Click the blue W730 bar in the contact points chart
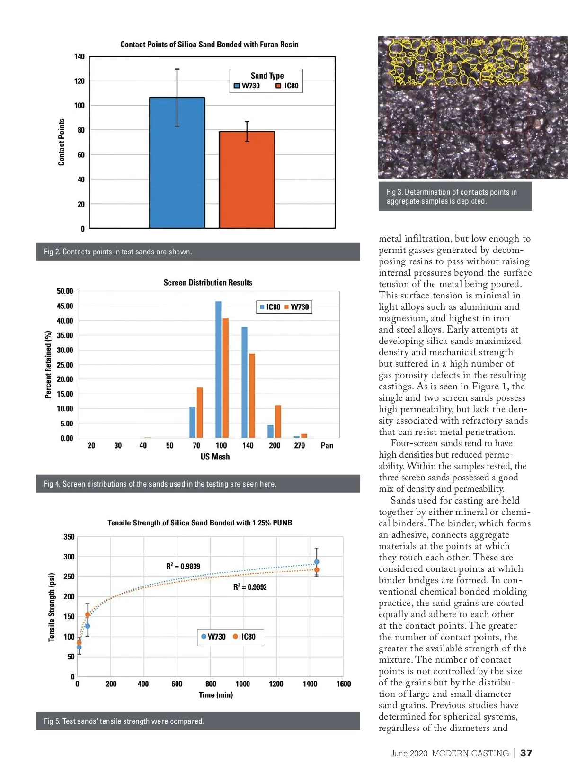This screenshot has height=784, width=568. point(177,163)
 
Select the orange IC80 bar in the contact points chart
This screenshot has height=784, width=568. point(247,180)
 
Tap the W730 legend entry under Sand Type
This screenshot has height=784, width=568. point(247,86)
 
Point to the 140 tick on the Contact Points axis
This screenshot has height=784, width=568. point(80,57)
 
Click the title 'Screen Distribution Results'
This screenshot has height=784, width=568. point(208,283)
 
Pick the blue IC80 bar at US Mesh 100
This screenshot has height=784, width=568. point(218,369)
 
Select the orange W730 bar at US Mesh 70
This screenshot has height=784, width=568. point(200,413)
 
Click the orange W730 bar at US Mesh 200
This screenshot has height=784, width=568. point(278,421)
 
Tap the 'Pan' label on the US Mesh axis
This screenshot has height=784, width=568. point(327,446)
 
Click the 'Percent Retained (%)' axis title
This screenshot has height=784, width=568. point(48,365)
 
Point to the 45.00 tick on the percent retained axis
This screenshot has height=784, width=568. point(65,306)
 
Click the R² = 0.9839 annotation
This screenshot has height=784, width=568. point(183,566)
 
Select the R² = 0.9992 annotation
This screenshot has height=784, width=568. point(250,587)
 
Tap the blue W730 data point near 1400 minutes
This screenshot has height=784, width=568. point(317,562)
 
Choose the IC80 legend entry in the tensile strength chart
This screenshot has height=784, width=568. point(244,637)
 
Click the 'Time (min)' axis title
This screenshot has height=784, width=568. point(216,695)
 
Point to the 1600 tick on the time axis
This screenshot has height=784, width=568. point(344,684)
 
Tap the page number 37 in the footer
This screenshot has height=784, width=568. point(526,753)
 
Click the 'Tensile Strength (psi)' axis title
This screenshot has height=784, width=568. point(52,607)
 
